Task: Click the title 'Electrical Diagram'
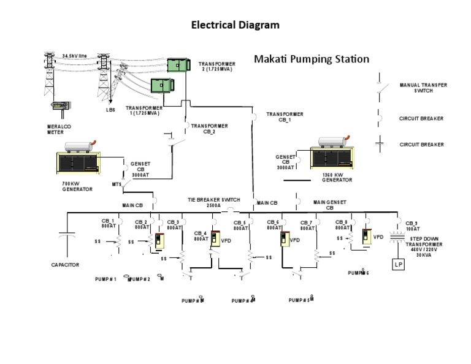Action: pos(235,25)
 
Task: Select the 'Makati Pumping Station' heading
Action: pos(312,59)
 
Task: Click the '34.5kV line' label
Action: pos(74,56)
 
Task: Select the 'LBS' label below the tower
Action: pos(110,110)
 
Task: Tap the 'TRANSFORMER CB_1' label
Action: pos(285,117)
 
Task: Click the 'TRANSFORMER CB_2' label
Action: pos(209,128)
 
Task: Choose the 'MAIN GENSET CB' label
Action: pos(330,205)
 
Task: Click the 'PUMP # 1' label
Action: pos(105,279)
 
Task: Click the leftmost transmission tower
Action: pos(49,74)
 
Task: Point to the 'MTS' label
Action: pos(117,184)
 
